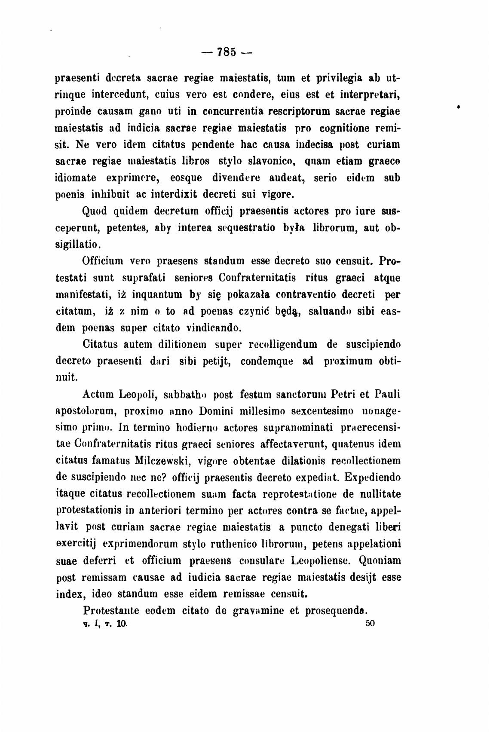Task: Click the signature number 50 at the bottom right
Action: [370, 623]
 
